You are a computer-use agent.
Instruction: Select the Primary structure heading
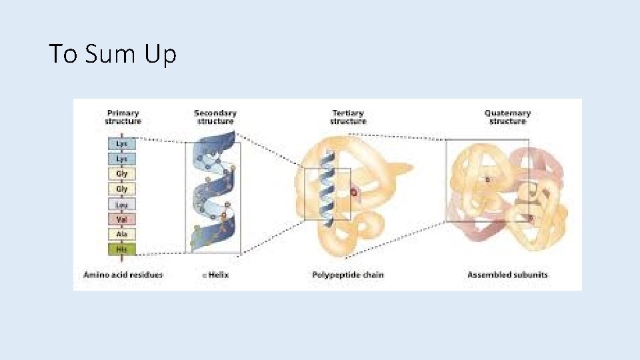[123, 117]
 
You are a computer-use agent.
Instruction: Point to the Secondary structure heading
[215, 117]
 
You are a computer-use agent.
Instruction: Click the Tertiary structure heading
[348, 117]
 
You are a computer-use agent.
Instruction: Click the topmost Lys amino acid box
[123, 143]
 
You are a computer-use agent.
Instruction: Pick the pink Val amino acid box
[123, 219]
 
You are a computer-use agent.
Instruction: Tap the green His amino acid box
[123, 250]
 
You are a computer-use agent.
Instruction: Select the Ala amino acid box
[123, 235]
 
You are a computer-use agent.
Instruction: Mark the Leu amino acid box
[123, 205]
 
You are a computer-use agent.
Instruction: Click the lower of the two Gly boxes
[123, 189]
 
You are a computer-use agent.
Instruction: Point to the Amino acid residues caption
[123, 275]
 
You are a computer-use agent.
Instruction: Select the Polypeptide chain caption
[348, 275]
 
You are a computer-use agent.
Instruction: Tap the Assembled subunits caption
[508, 275]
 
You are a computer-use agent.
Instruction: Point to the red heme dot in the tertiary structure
[354, 193]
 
